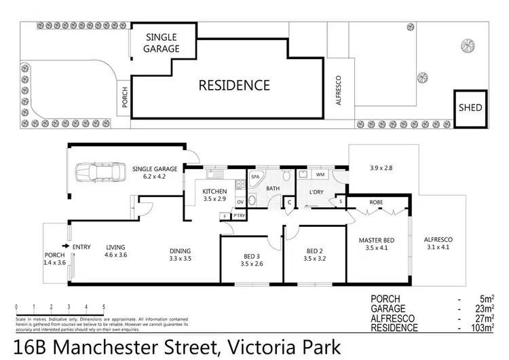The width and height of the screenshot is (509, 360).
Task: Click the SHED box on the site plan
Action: pos(470,108)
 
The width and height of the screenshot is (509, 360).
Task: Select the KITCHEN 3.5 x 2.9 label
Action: pos(215,195)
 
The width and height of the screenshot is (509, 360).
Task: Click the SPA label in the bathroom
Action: pos(256,177)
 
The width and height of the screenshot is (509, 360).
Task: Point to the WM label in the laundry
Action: pos(320,176)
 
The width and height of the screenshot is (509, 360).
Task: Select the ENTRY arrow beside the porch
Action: pos(65,247)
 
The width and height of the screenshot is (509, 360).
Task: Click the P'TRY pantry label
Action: pos(238,217)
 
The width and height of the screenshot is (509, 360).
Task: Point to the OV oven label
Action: pos(240,202)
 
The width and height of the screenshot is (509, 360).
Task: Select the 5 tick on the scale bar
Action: pos(104,307)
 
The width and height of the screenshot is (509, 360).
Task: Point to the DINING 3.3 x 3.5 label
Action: pos(180,254)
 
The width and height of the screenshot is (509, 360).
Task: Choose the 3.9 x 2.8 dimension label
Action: pos(382,168)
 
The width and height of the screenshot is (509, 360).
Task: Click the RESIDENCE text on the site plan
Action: pos(233,86)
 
